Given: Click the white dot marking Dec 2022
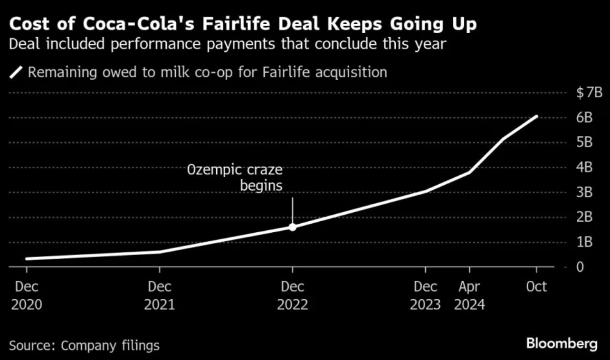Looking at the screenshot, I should [x=292, y=227].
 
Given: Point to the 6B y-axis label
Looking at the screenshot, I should [x=585, y=118].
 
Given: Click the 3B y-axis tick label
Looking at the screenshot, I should [x=585, y=192].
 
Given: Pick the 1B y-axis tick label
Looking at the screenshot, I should [x=585, y=242].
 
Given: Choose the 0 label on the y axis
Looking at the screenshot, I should [x=580, y=267].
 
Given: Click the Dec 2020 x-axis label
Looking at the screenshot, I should [x=27, y=295].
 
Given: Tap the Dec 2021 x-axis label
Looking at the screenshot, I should [x=160, y=295].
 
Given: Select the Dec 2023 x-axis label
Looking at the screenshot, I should [x=425, y=295].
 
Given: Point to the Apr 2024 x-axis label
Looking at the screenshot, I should [x=469, y=295].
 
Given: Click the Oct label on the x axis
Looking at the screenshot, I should [x=536, y=287].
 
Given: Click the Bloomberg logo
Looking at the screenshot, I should [x=562, y=344].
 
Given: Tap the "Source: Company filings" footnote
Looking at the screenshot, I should [x=84, y=345].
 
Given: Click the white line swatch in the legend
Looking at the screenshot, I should [x=16, y=73].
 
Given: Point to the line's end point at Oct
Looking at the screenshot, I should [x=536, y=116].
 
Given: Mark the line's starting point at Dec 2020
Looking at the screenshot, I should [x=27, y=259].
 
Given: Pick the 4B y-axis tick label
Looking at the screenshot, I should [x=585, y=168].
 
